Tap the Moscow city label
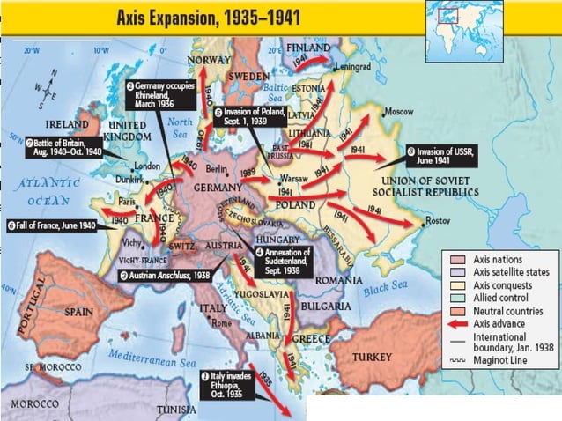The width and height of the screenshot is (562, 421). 401,112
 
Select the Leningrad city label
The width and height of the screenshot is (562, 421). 350,66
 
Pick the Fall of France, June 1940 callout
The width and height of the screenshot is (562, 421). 52,224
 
